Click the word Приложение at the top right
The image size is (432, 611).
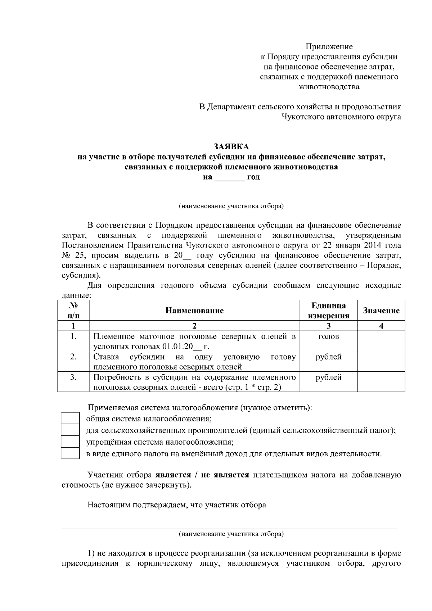[329, 46]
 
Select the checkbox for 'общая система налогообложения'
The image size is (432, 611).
[70, 418]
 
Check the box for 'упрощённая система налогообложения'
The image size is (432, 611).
[70, 442]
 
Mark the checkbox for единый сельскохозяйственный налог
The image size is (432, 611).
[70, 430]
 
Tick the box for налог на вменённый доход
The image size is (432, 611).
[70, 453]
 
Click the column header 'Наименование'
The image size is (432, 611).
[194, 311]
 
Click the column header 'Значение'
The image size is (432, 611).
[381, 311]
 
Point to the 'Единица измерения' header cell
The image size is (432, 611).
[328, 311]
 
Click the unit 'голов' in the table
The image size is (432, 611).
[328, 337]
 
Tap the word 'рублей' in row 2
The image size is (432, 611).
[328, 357]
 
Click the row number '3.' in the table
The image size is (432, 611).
[73, 377]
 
